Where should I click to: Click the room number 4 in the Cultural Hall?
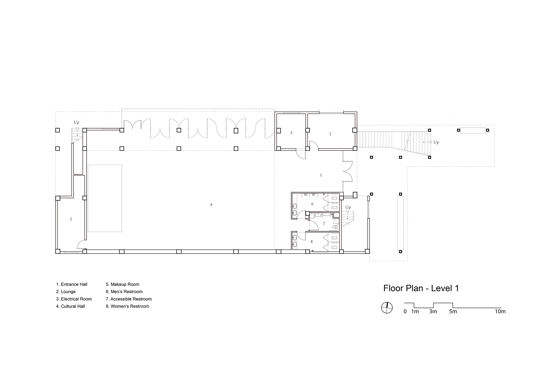[211, 205]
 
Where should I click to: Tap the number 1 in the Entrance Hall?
[321, 175]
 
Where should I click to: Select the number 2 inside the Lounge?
[330, 134]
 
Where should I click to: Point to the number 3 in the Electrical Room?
[291, 133]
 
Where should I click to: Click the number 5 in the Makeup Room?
[71, 219]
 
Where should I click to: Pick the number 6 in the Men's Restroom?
[313, 204]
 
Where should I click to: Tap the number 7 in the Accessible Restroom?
[324, 224]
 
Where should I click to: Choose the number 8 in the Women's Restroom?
[312, 241]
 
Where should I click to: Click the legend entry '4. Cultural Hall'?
[71, 306]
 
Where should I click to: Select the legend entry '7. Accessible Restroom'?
[129, 299]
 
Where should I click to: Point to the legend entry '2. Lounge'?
[66, 292]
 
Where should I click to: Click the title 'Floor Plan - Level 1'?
[421, 288]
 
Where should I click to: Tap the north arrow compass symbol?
[387, 307]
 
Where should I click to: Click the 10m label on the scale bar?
[500, 312]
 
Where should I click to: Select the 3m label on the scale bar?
[433, 312]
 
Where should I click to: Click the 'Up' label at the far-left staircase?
[77, 122]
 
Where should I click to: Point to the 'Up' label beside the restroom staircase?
[348, 207]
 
